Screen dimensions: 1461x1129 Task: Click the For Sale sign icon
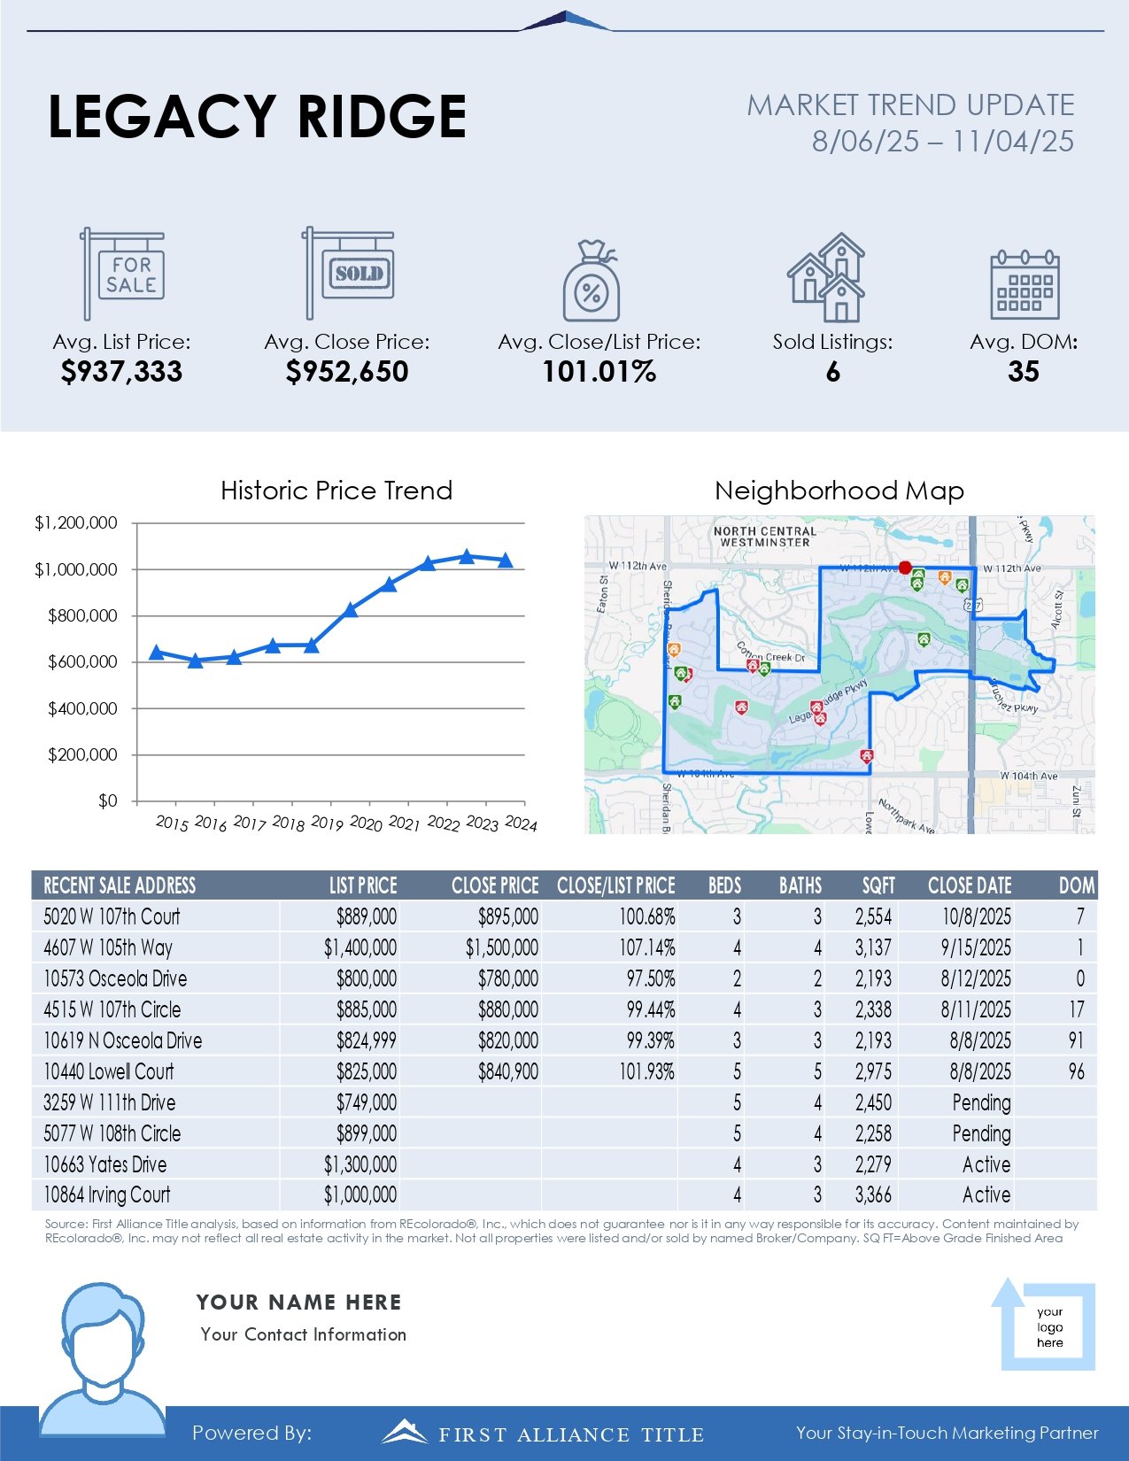pyautogui.click(x=123, y=274)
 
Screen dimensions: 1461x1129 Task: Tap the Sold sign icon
pyautogui.click(x=349, y=273)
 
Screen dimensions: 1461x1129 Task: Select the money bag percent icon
pyautogui.click(x=591, y=281)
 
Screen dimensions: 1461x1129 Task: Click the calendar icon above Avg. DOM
pyautogui.click(x=1024, y=285)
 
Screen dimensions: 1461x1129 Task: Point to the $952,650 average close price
pyautogui.click(x=347, y=372)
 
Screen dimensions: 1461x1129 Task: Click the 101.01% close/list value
pyautogui.click(x=599, y=372)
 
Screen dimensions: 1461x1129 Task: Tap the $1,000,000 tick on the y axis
pyautogui.click(x=76, y=569)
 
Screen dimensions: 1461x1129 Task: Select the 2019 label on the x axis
pyautogui.click(x=327, y=823)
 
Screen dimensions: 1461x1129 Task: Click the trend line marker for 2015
pyautogui.click(x=157, y=653)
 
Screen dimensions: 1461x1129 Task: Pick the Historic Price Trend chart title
pyautogui.click(x=336, y=491)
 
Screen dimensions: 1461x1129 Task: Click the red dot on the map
pyautogui.click(x=904, y=568)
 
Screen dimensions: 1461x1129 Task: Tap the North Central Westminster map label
pyautogui.click(x=764, y=537)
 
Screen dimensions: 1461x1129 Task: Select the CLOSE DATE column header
pyautogui.click(x=969, y=885)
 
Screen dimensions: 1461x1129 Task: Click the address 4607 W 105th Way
pyautogui.click(x=108, y=947)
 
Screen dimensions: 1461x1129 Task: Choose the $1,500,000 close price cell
pyautogui.click(x=501, y=947)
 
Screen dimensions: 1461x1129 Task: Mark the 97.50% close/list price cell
pyautogui.click(x=650, y=978)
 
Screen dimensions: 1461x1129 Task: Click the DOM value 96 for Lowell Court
pyautogui.click(x=1076, y=1071)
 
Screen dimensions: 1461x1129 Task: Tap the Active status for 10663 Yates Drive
pyautogui.click(x=986, y=1164)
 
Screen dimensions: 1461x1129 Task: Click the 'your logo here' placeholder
pyautogui.click(x=1049, y=1327)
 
